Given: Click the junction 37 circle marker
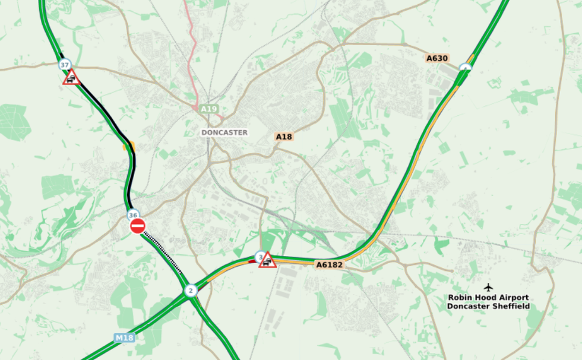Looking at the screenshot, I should coord(65,64).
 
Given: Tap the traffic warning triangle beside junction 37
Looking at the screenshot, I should coord(72,77).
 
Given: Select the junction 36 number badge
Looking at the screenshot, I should coord(133,215).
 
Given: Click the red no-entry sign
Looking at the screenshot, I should coord(138,226).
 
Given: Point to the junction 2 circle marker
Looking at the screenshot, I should coord(190,290).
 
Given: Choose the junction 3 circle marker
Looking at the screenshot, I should coord(260,257).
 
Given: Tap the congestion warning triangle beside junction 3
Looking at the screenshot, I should coord(267,260).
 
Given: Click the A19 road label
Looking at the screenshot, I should coord(208,109).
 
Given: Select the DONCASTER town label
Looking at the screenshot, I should coord(224,132).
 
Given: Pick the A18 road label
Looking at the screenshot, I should coord(284,137).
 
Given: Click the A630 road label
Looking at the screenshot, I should coord(436,58).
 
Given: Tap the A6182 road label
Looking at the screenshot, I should coord(329,264).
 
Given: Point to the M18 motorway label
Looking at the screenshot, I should coord(124,338).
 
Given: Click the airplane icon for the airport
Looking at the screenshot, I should coord(488,287).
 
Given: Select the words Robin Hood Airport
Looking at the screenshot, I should coord(488,298).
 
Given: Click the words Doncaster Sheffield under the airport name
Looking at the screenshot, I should coord(488,307).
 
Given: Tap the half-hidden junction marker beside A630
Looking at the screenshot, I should coord(465,68).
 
